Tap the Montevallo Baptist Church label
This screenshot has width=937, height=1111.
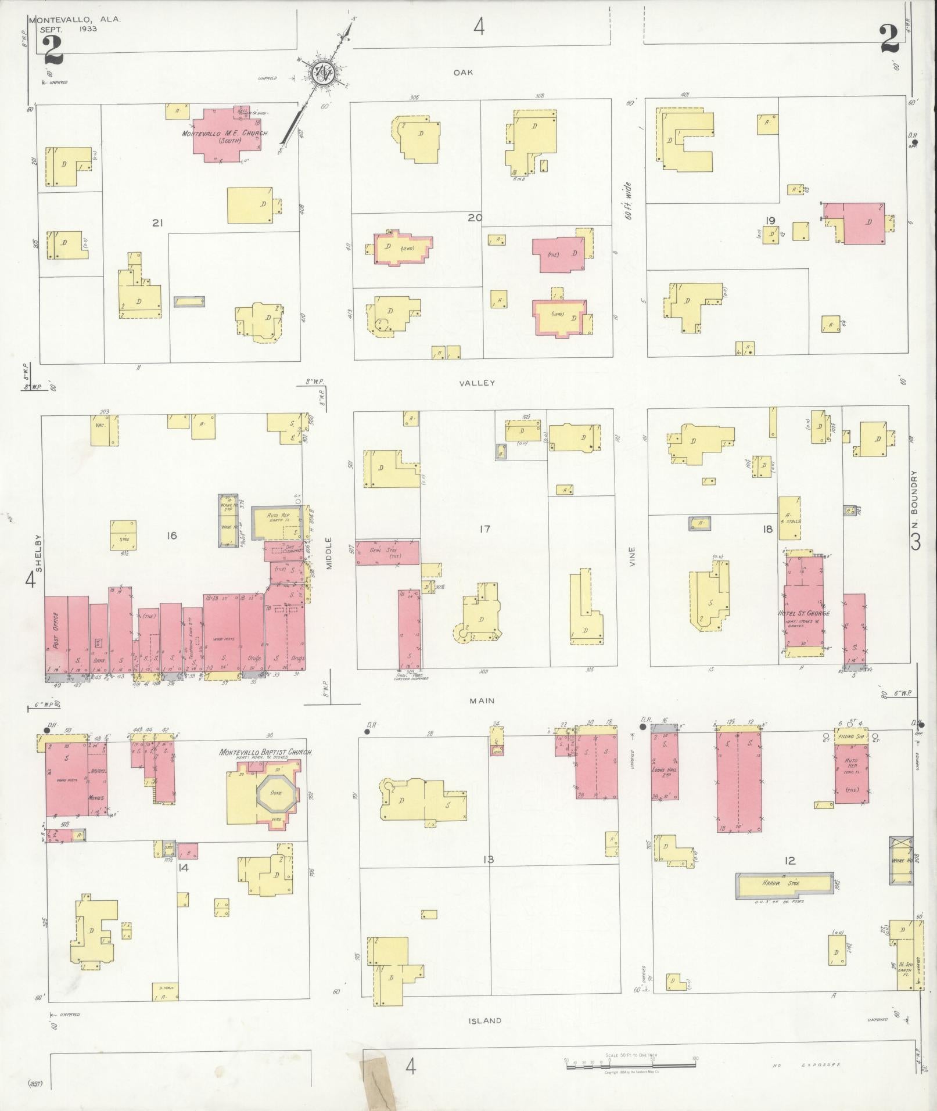point(265,752)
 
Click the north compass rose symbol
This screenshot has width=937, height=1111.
point(321,73)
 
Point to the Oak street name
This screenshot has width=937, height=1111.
point(464,73)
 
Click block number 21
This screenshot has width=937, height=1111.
point(156,222)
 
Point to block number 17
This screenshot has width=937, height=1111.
point(485,528)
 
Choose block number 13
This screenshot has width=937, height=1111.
point(487,859)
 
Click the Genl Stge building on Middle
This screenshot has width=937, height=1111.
point(387,552)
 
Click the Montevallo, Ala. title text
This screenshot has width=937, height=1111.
point(76,19)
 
